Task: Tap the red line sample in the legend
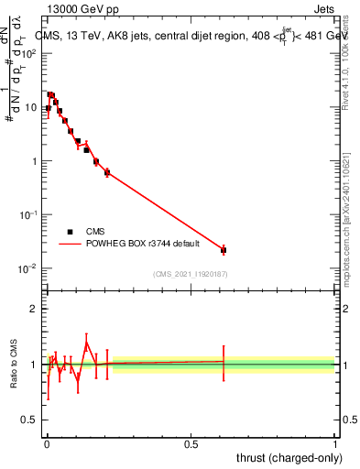click(x=70, y=245)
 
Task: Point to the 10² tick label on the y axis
click(x=27, y=53)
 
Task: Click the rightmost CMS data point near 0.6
click(x=224, y=249)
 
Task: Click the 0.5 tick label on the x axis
click(x=191, y=442)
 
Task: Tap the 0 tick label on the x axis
click(x=47, y=442)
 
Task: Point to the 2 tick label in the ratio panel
click(x=34, y=309)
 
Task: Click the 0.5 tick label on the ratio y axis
click(x=30, y=420)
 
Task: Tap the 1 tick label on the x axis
click(x=335, y=442)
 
